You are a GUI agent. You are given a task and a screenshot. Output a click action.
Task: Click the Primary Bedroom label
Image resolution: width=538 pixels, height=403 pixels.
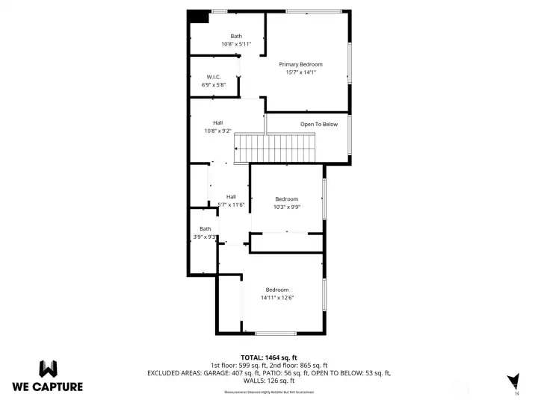tap(300, 65)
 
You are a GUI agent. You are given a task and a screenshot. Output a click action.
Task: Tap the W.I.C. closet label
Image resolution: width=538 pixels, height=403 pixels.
tap(213, 77)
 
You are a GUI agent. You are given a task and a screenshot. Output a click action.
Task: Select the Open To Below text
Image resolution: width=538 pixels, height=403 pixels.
tap(319, 125)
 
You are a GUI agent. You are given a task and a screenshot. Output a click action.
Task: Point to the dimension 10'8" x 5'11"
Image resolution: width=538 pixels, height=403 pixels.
tap(236, 45)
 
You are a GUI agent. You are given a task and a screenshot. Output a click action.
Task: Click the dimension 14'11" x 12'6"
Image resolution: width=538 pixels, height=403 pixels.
tap(276, 298)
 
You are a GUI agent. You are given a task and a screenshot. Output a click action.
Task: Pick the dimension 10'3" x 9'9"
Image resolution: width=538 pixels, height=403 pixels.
tap(287, 207)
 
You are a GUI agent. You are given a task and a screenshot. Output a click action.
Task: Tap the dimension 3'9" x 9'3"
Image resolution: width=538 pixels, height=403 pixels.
tap(205, 237)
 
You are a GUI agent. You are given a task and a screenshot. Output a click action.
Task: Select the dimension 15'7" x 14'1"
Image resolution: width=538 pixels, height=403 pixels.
tap(300, 73)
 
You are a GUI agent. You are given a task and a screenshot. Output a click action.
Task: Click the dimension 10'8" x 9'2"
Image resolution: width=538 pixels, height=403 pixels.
tap(218, 131)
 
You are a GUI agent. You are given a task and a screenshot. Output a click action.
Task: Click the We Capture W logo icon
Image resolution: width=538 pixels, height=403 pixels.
tap(48, 369)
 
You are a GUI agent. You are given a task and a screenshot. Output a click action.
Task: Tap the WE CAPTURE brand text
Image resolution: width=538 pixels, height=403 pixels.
tap(48, 387)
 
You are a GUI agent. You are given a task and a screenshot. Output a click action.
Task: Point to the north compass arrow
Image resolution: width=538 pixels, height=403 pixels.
tap(513, 381)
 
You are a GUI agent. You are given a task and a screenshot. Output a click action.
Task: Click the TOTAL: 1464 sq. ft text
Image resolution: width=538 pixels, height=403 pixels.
tap(269, 357)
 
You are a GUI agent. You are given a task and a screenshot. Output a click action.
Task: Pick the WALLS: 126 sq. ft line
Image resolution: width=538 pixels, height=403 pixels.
tap(269, 380)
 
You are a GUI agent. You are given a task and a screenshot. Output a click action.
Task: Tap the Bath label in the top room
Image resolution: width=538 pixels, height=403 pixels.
tap(236, 37)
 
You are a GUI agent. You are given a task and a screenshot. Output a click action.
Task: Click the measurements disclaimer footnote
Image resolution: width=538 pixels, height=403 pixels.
tap(269, 392)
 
